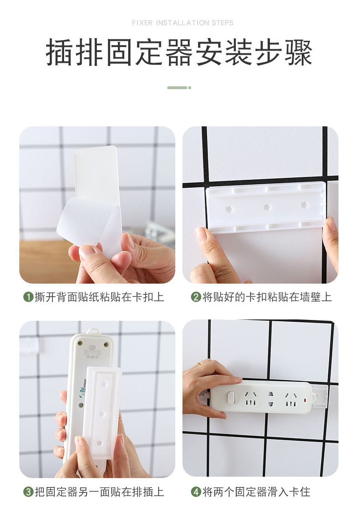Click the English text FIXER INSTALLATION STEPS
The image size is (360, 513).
click(182, 23)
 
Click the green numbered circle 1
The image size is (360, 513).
click(29, 297)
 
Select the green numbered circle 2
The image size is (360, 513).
click(196, 297)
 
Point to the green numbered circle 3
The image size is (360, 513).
click(29, 492)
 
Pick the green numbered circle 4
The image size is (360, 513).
click(196, 492)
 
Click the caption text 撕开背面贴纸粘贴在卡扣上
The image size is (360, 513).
click(99, 297)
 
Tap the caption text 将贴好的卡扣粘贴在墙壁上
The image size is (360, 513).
click(267, 297)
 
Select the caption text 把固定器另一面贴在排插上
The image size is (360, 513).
click(99, 492)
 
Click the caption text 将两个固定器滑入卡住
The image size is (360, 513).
click(256, 492)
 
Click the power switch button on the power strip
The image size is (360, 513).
click(231, 398)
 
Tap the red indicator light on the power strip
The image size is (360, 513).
click(305, 400)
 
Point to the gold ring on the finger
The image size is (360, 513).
click(199, 364)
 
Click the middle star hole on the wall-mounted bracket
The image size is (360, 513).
click(267, 207)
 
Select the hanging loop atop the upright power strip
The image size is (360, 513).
click(93, 331)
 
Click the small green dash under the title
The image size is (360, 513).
click(179, 88)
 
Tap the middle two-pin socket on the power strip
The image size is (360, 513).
click(270, 399)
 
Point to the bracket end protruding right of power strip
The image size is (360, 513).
click(320, 396)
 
